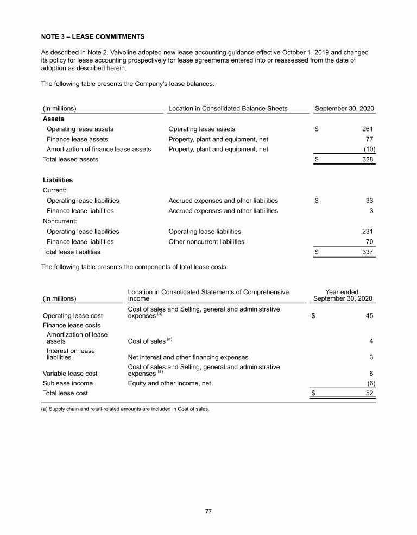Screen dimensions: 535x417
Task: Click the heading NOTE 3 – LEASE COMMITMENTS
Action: (93, 37)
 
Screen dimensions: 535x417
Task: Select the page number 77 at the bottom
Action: (208, 511)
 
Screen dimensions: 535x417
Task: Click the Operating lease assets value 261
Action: (367, 129)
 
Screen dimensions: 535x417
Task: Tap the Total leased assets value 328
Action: (367, 159)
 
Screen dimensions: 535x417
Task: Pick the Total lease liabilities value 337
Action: (367, 252)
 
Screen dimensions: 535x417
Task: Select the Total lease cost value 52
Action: (369, 393)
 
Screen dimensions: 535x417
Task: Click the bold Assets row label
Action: (53, 119)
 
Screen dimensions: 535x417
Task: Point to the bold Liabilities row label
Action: (58, 180)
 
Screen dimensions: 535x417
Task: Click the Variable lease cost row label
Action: (69, 374)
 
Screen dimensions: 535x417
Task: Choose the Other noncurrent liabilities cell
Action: (206, 241)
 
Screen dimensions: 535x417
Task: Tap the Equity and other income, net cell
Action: (169, 383)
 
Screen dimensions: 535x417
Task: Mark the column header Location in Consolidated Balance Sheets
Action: (228, 109)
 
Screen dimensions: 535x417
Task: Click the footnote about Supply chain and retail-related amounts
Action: (125, 410)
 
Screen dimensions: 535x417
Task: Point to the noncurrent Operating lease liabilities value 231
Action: (367, 231)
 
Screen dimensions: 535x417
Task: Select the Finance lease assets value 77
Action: (369, 139)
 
